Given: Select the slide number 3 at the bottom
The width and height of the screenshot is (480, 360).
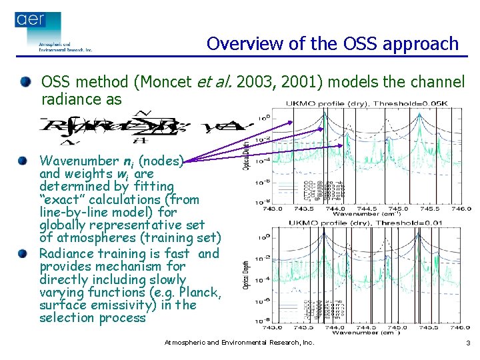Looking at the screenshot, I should coord(468,343).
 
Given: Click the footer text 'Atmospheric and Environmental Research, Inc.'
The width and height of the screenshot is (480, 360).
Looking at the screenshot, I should coord(239,343).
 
